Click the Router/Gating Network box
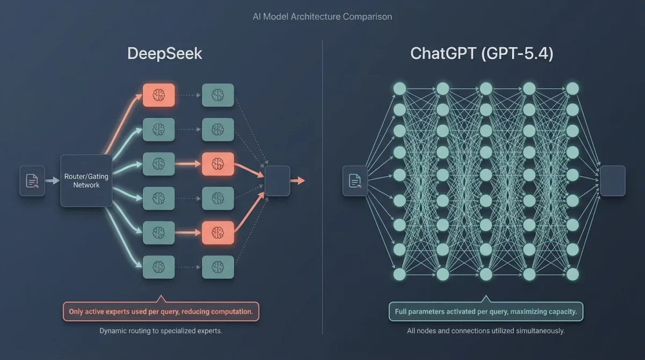(x=86, y=181)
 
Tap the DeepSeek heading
(x=164, y=54)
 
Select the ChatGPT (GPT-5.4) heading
(x=482, y=54)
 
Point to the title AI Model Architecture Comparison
(x=322, y=17)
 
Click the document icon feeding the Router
(x=32, y=181)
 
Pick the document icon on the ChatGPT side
(x=355, y=181)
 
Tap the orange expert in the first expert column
(x=159, y=95)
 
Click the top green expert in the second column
(x=218, y=95)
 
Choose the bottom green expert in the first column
(x=159, y=267)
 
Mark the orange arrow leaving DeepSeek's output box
(x=297, y=181)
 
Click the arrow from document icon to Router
(x=52, y=181)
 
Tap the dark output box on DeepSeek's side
(x=277, y=181)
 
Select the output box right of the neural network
(x=613, y=181)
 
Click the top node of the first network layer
(x=399, y=88)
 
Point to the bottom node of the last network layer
(x=572, y=275)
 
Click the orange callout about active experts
(x=161, y=312)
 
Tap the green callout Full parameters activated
(x=486, y=312)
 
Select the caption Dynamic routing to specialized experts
(x=161, y=331)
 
